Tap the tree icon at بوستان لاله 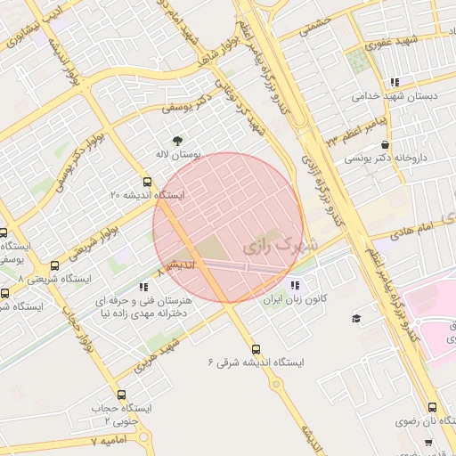(x=178, y=140)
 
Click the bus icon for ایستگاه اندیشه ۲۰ (x=147, y=182)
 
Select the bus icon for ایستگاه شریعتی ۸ (x=55, y=265)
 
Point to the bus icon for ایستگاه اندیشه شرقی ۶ (x=256, y=349)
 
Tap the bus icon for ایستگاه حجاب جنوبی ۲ (x=121, y=395)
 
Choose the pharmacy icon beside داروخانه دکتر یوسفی (x=384, y=144)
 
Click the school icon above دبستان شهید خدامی (x=395, y=82)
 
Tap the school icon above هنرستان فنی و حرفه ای (x=142, y=287)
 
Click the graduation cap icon (x=356, y=319)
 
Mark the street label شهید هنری (x=159, y=354)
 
